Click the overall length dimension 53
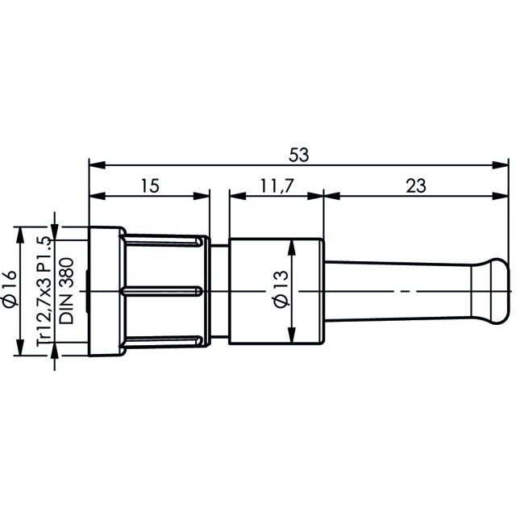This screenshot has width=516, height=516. coord(299,155)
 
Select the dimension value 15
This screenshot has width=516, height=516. coord(151,186)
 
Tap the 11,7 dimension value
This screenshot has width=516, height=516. coord(277,186)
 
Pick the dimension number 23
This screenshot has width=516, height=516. coord(416,186)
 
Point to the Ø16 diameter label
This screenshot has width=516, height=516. coord(10,289)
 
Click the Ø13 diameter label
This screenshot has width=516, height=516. coord(281,289)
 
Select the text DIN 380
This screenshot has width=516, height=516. coord(66,291)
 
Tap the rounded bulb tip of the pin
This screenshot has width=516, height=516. coord(496,291)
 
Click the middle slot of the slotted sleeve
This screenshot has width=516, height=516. coord(161,291)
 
